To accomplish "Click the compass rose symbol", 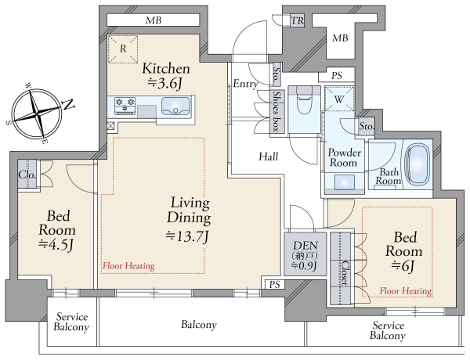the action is tap(38, 113).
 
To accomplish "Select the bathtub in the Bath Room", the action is tap(417, 164).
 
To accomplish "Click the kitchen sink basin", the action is tap(175, 106).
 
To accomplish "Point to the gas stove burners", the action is tap(125, 106).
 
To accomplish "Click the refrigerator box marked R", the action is tap(123, 49).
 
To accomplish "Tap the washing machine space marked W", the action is tap(339, 99).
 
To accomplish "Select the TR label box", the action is tap(298, 20).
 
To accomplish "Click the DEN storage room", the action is tap(305, 254).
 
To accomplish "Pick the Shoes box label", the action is tap(277, 111).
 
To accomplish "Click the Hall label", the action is tap(268, 157).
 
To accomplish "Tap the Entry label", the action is tap(245, 84).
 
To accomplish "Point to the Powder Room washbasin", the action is tap(344, 182).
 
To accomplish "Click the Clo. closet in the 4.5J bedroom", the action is tap(27, 175).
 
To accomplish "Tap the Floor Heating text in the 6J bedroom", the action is tap(406, 290).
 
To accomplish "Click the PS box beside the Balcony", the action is tap(275, 285).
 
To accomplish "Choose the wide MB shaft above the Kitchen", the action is tap(154, 20).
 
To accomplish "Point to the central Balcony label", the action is tap(199, 325).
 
